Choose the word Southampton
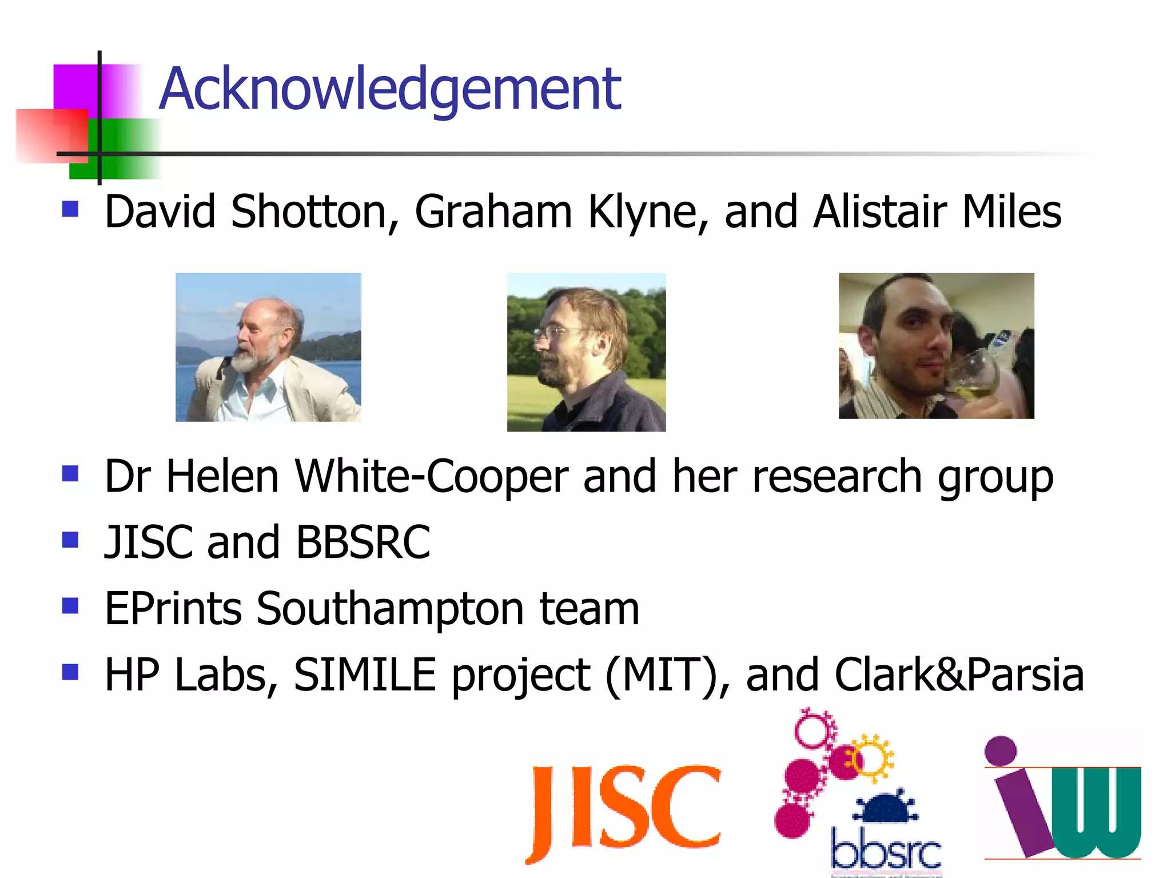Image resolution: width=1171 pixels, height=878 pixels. coord(390,609)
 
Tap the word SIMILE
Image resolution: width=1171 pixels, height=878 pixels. coord(365,675)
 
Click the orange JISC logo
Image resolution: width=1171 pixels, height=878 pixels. coord(624,812)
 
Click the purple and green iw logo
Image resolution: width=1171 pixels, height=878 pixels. coord(1064,800)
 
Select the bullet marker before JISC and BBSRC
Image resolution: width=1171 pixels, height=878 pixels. coord(70,539)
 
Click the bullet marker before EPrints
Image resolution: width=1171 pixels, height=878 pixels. coord(70,605)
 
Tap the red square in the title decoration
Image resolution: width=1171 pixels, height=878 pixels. coord(51,135)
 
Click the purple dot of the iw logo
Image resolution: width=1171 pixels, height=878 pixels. coord(1000,751)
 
